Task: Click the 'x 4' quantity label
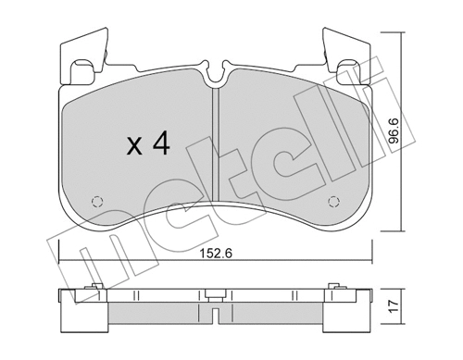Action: pyautogui.click(x=147, y=145)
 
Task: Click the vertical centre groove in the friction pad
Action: pyautogui.click(x=215, y=139)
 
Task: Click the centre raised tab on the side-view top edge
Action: pyautogui.click(x=215, y=295)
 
